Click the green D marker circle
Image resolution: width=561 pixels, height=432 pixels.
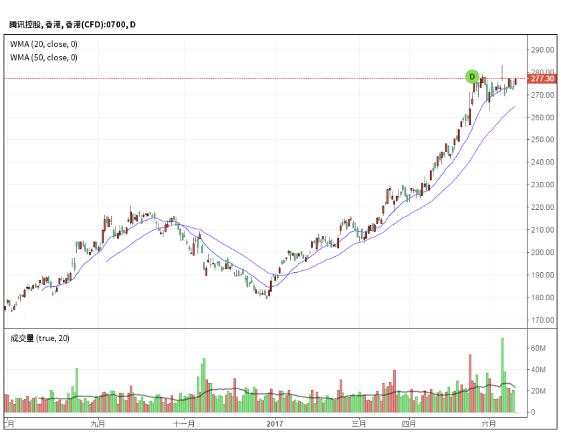point(472,77)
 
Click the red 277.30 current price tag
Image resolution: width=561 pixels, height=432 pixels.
point(542,79)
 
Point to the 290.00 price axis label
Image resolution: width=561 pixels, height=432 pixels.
point(542,49)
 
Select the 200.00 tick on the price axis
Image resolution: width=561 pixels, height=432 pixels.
point(542,252)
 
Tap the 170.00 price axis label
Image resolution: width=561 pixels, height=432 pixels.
point(542,320)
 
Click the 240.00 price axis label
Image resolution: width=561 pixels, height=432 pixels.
point(542,162)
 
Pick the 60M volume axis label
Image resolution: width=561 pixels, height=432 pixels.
point(538,348)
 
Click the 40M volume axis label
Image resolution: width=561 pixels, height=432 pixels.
point(538,370)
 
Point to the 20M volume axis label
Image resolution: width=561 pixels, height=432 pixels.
point(538,391)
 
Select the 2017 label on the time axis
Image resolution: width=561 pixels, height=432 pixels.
point(275,423)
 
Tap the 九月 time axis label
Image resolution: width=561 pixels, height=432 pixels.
point(99,423)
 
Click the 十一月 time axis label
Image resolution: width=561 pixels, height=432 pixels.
point(184,423)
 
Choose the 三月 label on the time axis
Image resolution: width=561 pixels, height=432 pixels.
point(359,423)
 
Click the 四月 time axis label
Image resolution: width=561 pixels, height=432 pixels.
point(409,423)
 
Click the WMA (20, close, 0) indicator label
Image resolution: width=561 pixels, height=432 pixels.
point(43,44)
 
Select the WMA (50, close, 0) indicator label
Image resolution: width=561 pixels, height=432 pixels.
point(43,58)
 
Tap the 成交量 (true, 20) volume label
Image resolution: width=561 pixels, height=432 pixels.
point(39,338)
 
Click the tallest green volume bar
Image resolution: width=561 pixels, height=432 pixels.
point(502,374)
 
